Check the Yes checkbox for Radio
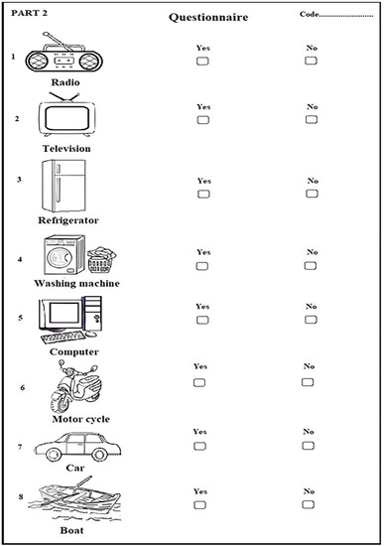[x=203, y=61]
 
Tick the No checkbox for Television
[x=312, y=119]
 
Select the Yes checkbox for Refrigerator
[x=203, y=195]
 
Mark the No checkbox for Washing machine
[x=313, y=265]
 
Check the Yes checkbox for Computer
[x=202, y=320]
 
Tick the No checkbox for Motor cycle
[x=309, y=380]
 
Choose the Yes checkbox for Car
[x=199, y=446]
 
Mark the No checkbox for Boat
[x=309, y=504]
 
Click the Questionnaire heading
[x=207, y=17]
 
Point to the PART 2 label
[x=31, y=11]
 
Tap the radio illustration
[x=64, y=55]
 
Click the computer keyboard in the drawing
[x=71, y=339]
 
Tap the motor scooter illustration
[x=72, y=388]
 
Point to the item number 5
[x=20, y=318]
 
